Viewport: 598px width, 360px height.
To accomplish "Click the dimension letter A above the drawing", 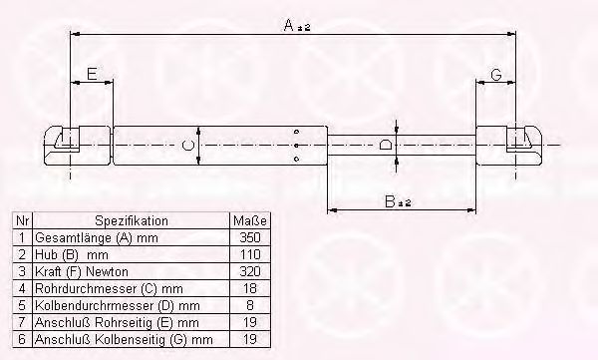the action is (289, 25).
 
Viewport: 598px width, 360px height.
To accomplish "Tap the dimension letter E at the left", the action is (92, 74).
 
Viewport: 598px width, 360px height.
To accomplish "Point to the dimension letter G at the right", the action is (495, 75).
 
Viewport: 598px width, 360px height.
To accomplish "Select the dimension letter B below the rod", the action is (390, 201).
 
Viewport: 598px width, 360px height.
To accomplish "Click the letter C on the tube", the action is (188, 146).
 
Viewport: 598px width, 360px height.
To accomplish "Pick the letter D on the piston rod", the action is (386, 145).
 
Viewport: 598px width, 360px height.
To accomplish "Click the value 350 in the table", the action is (250, 237).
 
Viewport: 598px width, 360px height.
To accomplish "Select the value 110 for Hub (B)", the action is (250, 254).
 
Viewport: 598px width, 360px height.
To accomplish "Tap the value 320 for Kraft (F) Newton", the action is (250, 271).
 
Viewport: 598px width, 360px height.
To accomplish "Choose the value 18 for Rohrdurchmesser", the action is (250, 288).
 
